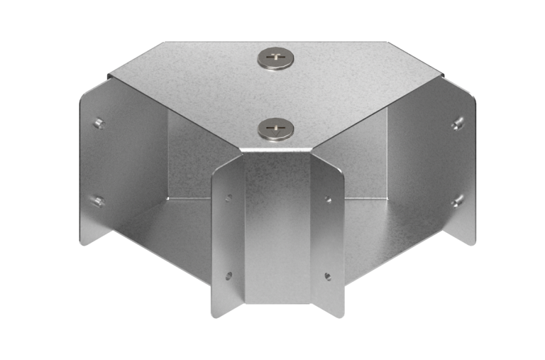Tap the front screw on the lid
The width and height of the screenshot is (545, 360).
pos(276,129)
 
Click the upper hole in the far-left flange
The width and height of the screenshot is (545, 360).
pos(99,124)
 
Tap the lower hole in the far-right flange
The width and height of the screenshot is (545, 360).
pos(457,201)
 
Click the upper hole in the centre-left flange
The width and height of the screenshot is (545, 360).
pos(229,198)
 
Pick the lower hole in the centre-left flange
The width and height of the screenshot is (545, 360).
pos(229,276)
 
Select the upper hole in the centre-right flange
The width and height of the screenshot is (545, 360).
pos(327,199)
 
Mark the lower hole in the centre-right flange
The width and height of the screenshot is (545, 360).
pos(327,276)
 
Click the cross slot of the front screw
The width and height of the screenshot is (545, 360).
pos(276,129)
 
